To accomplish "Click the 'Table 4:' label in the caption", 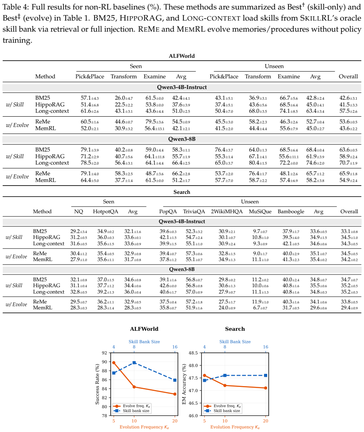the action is (x=16, y=7).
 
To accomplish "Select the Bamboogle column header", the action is (x=291, y=211).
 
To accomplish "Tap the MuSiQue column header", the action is (x=260, y=211).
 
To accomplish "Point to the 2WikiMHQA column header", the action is (x=226, y=211).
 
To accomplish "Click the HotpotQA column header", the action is (x=106, y=211).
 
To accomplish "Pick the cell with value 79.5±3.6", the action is (x=155, y=122).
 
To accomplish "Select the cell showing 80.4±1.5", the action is (x=258, y=163).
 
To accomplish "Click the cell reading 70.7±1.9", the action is (x=348, y=163).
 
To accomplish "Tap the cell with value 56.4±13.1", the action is (x=155, y=129).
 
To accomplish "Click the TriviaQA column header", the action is (x=194, y=211).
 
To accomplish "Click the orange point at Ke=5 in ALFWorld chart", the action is (x=114, y=363).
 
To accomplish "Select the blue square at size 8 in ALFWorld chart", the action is (x=134, y=363).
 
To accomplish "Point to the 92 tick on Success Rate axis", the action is (x=104, y=353).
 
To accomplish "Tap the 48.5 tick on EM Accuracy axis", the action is (x=193, y=353).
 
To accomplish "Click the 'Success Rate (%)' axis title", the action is (x=97, y=384).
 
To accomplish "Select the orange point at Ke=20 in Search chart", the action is (x=266, y=388).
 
